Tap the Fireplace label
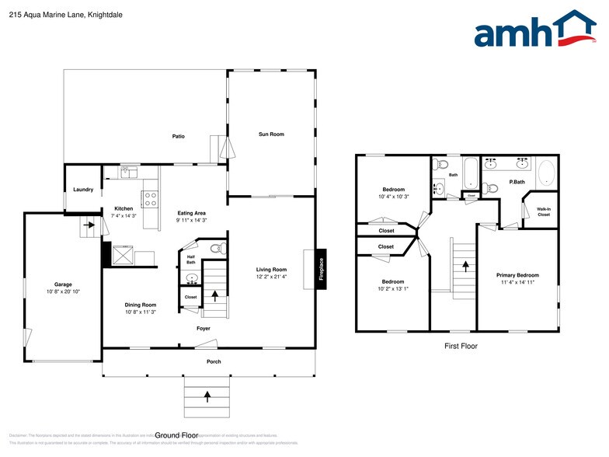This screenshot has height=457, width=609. pyautogui.click(x=322, y=270)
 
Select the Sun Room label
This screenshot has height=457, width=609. pyautogui.click(x=271, y=134)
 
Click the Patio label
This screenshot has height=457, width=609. pyautogui.click(x=179, y=137)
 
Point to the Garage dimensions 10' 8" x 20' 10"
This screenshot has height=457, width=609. pyautogui.click(x=63, y=291)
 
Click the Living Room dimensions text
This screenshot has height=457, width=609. pyautogui.click(x=272, y=277)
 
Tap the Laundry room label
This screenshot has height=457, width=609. pyautogui.click(x=83, y=190)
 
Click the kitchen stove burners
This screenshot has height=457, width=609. pyautogui.click(x=150, y=197)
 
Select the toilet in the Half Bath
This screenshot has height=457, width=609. pyautogui.click(x=217, y=249)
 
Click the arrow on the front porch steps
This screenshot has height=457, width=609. pyautogui.click(x=207, y=396)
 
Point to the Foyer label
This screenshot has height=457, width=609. pyautogui.click(x=204, y=329)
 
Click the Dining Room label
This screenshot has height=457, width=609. pyautogui.click(x=141, y=305)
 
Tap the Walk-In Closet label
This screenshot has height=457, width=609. pyautogui.click(x=544, y=211)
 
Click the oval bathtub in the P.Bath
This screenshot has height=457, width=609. pyautogui.click(x=546, y=173)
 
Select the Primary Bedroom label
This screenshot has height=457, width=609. pyautogui.click(x=517, y=275)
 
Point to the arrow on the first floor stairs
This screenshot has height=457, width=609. pyautogui.click(x=465, y=265)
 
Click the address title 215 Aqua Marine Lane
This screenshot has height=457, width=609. pyautogui.click(x=55, y=15)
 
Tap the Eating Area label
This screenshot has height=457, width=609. pyautogui.click(x=191, y=213)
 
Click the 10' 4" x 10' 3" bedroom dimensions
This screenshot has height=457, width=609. pyautogui.click(x=392, y=197)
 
